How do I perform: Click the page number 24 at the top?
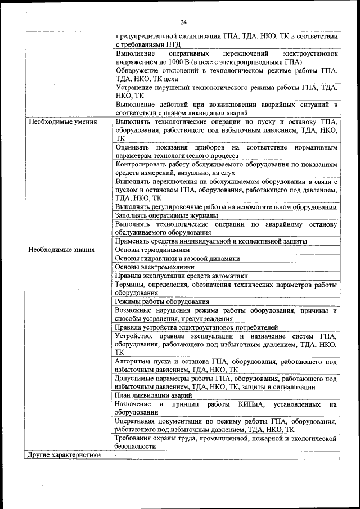tap(183, 22)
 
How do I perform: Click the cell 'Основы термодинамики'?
tap(152, 250)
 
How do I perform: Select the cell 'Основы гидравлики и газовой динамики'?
tap(177, 259)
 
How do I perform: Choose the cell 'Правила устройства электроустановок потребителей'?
tap(196, 327)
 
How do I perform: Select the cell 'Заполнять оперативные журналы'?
tap(168, 215)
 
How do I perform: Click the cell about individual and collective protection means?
tap(210, 241)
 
